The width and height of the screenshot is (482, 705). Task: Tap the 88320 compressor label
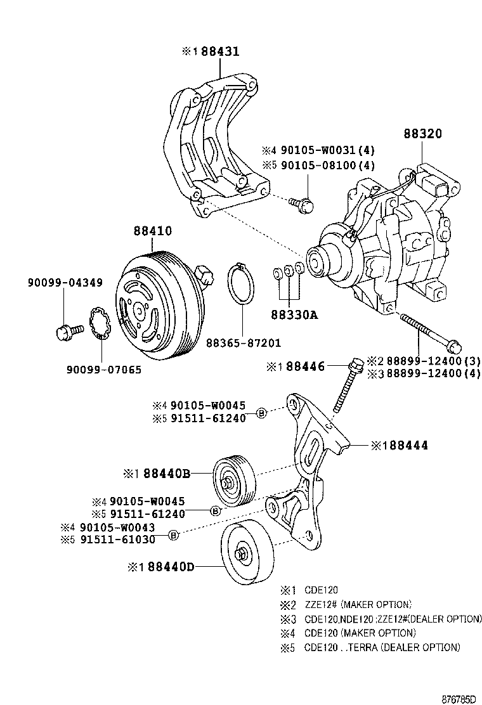(x=422, y=134)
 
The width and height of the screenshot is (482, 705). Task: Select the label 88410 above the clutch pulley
(x=152, y=231)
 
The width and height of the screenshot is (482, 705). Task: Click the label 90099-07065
(x=103, y=370)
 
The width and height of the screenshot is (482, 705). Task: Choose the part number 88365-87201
(x=243, y=343)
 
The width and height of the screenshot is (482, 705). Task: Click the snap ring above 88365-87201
(x=240, y=285)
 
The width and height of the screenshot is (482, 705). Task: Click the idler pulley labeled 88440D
(x=248, y=557)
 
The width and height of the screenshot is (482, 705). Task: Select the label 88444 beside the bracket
(x=404, y=446)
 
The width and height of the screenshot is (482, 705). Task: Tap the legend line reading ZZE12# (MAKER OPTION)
(x=358, y=604)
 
